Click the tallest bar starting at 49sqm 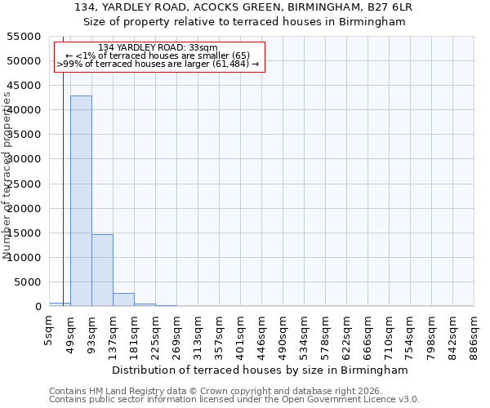point(81,201)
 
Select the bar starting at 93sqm point(102,270)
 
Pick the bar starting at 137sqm point(123,299)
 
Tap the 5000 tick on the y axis point(28,282)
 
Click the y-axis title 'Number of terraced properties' point(7,175)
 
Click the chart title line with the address point(244,7)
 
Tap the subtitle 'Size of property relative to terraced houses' point(244,22)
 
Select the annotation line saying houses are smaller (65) point(163,55)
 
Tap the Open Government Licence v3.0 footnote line point(234,400)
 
